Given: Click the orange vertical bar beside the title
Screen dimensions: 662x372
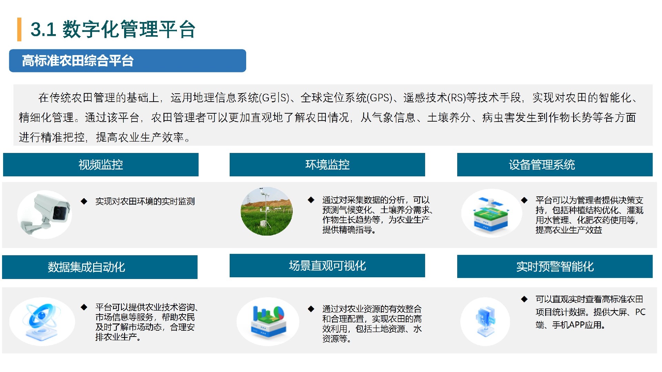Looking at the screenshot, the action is pos(19,29).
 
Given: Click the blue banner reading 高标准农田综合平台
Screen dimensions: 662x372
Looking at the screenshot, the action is pos(128,61).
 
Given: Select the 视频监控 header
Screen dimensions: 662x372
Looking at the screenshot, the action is pos(101,165).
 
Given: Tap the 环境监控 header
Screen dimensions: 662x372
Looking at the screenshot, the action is pos(327,165).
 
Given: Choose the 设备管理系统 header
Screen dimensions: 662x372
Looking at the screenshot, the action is pos(555,165).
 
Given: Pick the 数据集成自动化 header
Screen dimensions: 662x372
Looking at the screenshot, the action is pos(100,267).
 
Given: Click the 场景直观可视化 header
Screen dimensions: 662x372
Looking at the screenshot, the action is pos(327,266).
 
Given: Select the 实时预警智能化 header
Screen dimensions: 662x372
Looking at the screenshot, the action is pos(555,266).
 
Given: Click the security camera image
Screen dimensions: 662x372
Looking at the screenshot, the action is pos(45,214).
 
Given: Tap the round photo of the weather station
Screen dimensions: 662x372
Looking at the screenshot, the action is pos(267,211).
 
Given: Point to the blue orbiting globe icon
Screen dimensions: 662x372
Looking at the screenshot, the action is pos(42,321).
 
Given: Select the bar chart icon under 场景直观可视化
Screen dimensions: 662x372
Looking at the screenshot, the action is pos(268,321).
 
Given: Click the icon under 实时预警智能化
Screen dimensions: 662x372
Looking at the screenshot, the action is pos(485,322).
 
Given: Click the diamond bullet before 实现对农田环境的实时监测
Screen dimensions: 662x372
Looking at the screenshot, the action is pos(84,201).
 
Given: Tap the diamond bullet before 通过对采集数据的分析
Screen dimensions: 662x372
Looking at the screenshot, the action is pos(311,200).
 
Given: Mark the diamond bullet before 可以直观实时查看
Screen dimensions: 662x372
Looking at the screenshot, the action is pos(524,299).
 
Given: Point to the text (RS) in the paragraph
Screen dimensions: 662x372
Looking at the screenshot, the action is pos(457,98).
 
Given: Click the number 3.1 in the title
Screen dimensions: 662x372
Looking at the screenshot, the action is pos(43,29).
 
